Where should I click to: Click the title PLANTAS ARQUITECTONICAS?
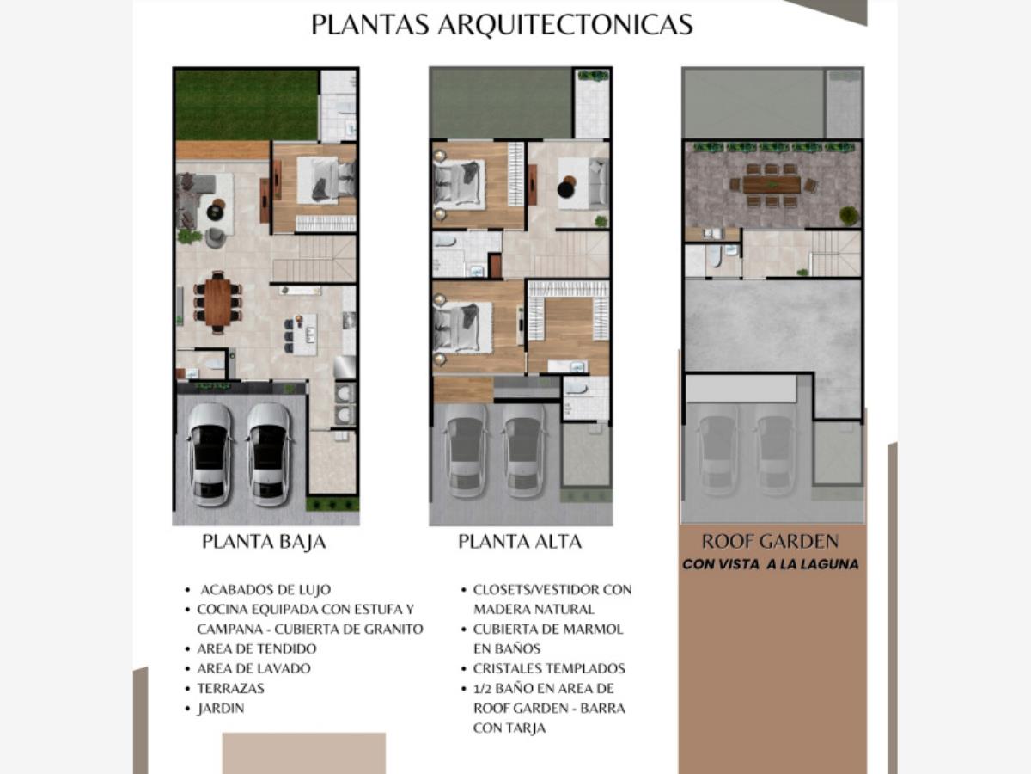click(x=502, y=24)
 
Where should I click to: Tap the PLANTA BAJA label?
click(x=264, y=542)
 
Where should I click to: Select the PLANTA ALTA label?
click(x=520, y=542)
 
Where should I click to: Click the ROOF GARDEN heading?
click(x=770, y=542)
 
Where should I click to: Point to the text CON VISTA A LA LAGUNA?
click(x=771, y=564)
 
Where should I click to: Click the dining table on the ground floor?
click(x=217, y=302)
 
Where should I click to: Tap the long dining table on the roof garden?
click(x=772, y=185)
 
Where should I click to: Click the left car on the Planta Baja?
click(x=210, y=454)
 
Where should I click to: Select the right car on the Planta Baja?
click(x=269, y=454)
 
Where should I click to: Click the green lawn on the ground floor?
click(x=247, y=105)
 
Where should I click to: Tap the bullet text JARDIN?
click(x=221, y=708)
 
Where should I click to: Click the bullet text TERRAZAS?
click(x=230, y=689)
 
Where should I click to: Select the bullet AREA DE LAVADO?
click(x=253, y=668)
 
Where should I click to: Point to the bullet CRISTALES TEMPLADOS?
click(x=549, y=668)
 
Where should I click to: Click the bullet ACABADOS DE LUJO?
click(x=265, y=589)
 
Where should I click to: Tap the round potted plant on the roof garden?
click(x=849, y=216)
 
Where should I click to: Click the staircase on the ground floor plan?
click(x=314, y=259)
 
